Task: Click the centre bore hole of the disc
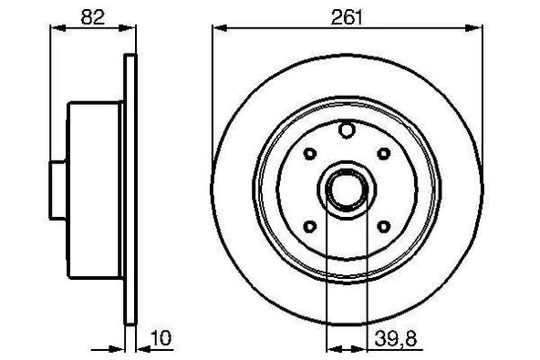pyautogui.click(x=346, y=190)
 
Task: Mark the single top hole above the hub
pyautogui.click(x=346, y=131)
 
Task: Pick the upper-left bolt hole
pyautogui.click(x=309, y=153)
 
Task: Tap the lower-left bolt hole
pyautogui.click(x=309, y=226)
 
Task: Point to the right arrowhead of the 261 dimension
pyautogui.click(x=477, y=28)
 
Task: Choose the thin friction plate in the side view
pyautogui.click(x=130, y=190)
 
